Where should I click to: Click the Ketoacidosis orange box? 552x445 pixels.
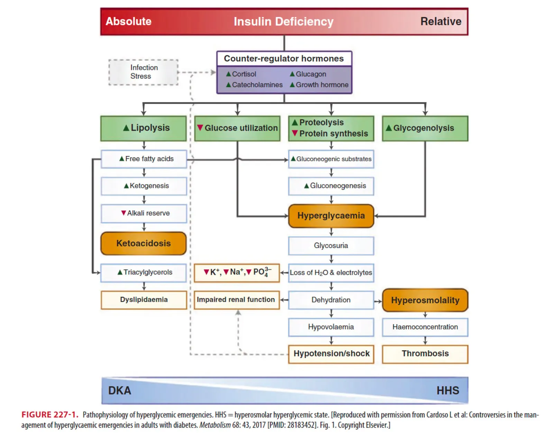(x=144, y=243)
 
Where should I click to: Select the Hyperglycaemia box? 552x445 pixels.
(x=331, y=216)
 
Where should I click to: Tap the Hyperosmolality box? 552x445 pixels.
(x=425, y=300)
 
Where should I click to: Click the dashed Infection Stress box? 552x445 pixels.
(x=144, y=72)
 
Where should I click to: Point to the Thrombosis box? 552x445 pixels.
(x=425, y=354)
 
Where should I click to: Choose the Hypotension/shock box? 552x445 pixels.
(x=331, y=354)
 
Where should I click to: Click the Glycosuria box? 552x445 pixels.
(x=331, y=246)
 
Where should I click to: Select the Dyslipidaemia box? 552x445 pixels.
(x=144, y=300)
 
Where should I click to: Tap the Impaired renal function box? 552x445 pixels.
(x=236, y=300)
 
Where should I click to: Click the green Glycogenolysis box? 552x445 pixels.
(x=425, y=128)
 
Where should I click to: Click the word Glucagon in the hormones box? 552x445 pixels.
(x=311, y=74)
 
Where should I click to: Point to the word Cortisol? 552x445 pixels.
(x=244, y=74)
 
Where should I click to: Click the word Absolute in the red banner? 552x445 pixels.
(x=128, y=21)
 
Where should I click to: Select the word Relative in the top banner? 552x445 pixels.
(x=441, y=21)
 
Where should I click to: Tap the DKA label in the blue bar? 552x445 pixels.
(x=120, y=391)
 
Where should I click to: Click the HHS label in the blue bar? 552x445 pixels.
(x=448, y=391)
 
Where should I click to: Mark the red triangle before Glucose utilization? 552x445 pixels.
(x=200, y=128)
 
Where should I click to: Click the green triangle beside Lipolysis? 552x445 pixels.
(x=126, y=128)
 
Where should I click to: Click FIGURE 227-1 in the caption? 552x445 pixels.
(x=50, y=415)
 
